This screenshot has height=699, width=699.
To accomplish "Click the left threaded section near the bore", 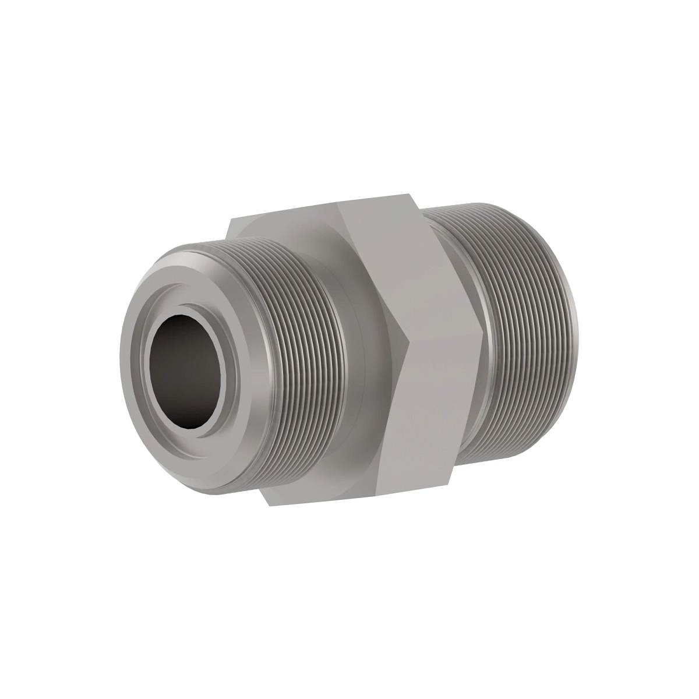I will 291,361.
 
